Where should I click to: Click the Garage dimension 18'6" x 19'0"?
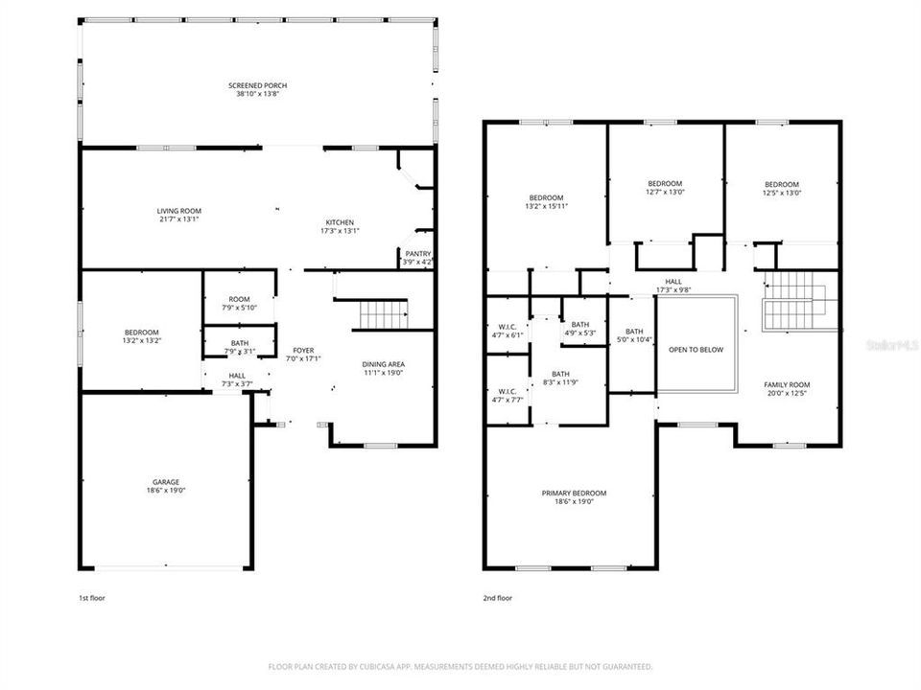[x=164, y=490]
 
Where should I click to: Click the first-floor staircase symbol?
[x=383, y=312]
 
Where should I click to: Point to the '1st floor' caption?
[x=92, y=598]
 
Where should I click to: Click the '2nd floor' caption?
[x=497, y=598]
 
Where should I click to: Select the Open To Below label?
[x=696, y=350]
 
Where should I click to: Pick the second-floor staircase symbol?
[x=793, y=299]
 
